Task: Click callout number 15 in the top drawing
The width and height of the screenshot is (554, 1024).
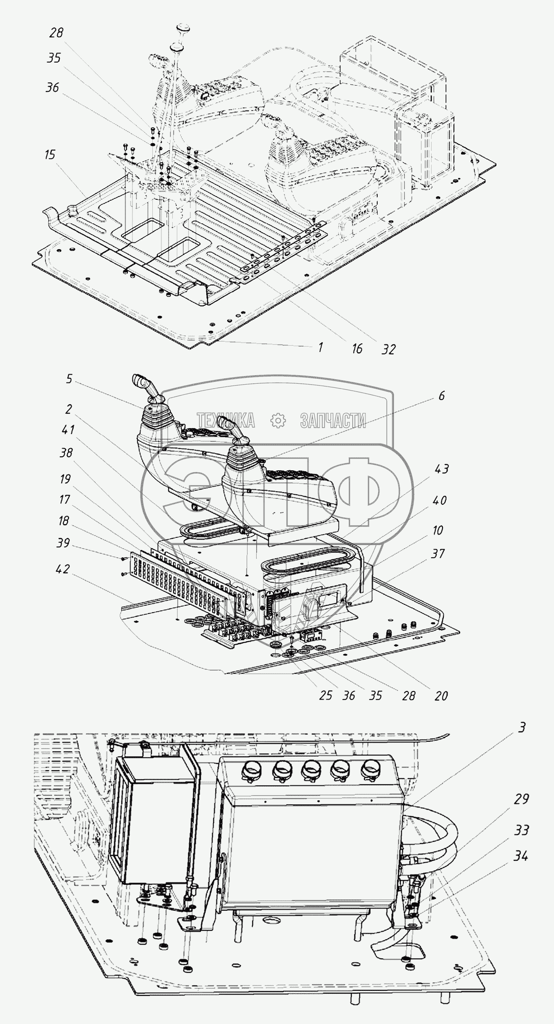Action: (x=50, y=155)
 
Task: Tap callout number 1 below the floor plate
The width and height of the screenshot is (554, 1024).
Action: (x=320, y=347)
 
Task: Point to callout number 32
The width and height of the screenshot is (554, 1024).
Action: (x=389, y=349)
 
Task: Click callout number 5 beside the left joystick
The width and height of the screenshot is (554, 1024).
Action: (x=68, y=378)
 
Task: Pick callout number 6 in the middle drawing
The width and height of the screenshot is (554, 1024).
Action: (x=441, y=396)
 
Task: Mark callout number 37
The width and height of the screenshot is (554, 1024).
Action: (x=438, y=554)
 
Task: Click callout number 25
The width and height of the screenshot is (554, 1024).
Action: (x=326, y=695)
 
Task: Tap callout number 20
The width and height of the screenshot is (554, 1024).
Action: (x=441, y=695)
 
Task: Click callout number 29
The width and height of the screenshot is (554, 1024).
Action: (x=522, y=799)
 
